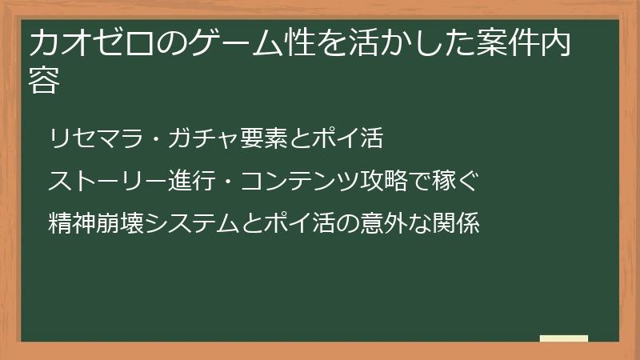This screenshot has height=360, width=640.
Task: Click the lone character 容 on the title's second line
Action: click(44, 81)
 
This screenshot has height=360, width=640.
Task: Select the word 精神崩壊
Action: click(90, 223)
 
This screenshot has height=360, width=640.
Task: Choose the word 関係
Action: click(458, 223)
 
